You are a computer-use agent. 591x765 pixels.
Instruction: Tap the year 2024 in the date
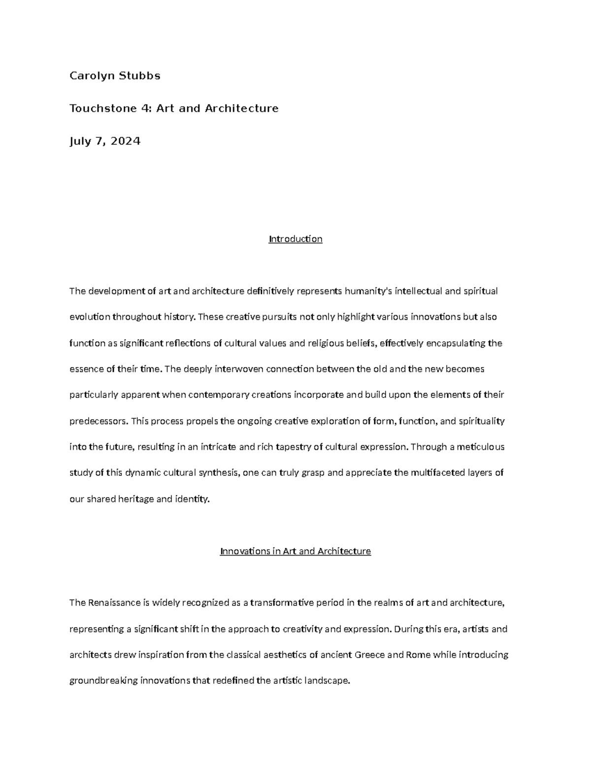tap(126, 141)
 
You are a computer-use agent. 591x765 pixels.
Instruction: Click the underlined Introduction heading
tap(295, 239)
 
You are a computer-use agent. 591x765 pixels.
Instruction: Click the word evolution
tap(90, 317)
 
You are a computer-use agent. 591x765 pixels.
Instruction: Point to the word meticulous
tap(480, 447)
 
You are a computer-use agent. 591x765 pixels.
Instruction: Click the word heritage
tap(135, 499)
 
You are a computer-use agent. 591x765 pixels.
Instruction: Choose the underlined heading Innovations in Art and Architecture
tap(295, 551)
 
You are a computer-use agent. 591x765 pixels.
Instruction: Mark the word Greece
tap(370, 655)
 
